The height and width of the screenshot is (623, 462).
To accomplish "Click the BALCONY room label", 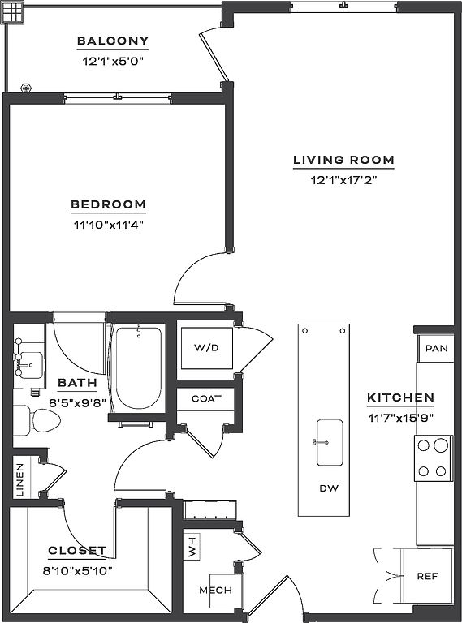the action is [113, 41].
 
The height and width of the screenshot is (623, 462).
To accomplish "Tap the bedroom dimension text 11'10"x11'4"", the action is [108, 225].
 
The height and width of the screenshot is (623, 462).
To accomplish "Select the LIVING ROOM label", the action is [344, 160].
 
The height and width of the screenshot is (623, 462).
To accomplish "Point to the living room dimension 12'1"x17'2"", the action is [343, 180].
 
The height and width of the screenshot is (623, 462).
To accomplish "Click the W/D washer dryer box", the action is [207, 348].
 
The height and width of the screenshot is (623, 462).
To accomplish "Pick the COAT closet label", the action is [206, 398].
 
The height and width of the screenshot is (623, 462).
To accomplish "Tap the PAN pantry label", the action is [437, 349].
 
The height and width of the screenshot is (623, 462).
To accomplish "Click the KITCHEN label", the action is [400, 397].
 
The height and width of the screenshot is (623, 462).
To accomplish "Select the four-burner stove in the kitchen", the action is [433, 458].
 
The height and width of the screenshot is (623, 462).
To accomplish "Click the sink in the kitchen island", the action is [329, 442].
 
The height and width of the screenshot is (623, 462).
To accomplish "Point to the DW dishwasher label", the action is [329, 488].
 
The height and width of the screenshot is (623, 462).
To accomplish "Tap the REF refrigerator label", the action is [427, 576].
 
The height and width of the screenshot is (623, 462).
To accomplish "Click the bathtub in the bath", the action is [138, 367].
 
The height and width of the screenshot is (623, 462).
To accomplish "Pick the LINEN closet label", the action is [20, 479].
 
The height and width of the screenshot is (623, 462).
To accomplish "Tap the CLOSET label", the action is [77, 551].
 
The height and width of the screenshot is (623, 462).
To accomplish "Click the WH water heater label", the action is [192, 546].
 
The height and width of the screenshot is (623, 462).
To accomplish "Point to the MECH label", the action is [215, 591].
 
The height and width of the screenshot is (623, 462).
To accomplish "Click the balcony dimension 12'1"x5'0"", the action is [113, 61].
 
